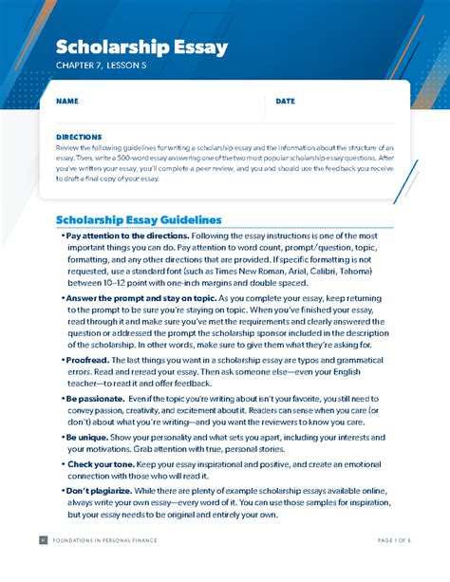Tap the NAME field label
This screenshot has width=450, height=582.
click(67, 101)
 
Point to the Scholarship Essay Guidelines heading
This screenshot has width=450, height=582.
click(139, 219)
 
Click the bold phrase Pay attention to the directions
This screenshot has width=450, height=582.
click(127, 235)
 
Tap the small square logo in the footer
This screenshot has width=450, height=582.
click(42, 567)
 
